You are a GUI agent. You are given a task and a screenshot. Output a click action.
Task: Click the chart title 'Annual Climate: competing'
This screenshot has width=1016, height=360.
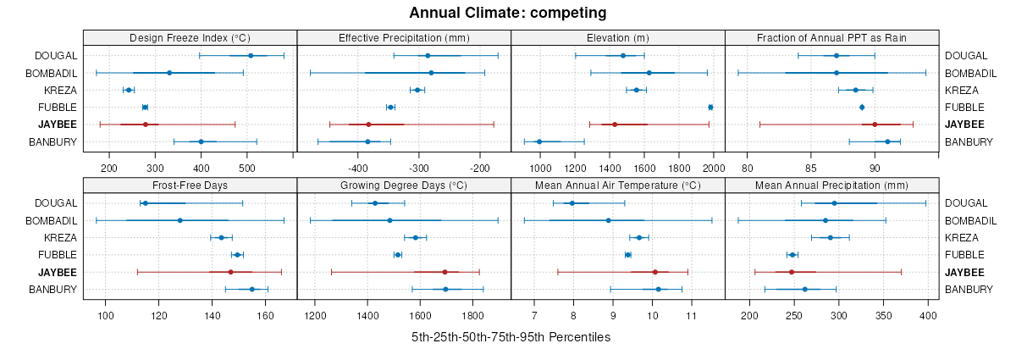tap(508, 13)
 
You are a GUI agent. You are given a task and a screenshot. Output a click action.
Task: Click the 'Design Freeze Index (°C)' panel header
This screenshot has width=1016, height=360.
tap(190, 38)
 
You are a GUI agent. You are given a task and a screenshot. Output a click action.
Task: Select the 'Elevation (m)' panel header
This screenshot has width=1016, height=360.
tap(618, 38)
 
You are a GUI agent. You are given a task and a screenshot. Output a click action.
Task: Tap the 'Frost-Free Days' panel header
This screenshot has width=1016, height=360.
tap(190, 186)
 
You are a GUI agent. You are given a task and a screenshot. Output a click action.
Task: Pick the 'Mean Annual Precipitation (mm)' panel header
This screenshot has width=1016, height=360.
tap(831, 186)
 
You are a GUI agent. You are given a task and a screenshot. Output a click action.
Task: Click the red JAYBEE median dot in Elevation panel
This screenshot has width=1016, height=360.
tap(615, 125)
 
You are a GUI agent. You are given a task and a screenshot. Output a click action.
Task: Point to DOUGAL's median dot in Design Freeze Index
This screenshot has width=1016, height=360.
tap(251, 56)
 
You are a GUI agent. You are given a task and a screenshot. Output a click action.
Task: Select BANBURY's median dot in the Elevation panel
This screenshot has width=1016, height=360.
tap(539, 141)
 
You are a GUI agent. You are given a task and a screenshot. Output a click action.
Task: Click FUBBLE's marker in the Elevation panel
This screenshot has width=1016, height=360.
tap(710, 107)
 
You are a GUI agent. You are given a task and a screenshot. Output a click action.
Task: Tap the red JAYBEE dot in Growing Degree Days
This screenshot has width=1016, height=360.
tap(444, 272)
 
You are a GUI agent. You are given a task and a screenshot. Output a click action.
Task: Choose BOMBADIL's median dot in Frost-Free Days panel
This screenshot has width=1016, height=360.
tap(179, 220)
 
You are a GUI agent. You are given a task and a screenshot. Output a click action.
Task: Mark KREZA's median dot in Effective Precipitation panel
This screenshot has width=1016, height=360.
tap(417, 90)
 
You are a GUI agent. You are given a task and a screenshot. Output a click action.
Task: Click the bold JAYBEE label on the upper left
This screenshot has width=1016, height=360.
tap(57, 125)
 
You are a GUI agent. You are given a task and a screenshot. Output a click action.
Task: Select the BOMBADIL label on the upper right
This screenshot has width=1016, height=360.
tap(969, 73)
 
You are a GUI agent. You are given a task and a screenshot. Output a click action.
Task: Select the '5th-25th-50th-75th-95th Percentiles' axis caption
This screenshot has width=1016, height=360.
tap(511, 337)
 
